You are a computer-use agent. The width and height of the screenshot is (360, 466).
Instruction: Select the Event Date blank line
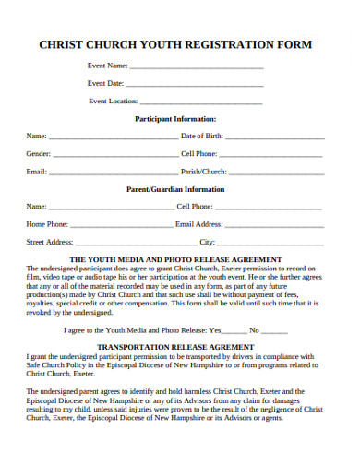point(194,85)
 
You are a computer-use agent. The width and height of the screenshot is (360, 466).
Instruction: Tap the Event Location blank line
point(200,102)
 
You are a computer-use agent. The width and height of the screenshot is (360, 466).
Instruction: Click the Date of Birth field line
point(274,137)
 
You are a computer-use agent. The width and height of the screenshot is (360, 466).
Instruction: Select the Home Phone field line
point(120,225)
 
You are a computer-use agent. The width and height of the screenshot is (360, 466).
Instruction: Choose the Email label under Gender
point(36,173)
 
